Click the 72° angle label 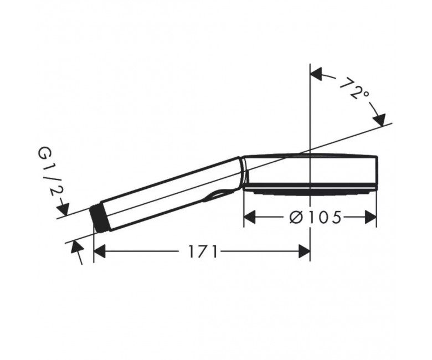[x=354, y=89]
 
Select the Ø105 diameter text [x=316, y=217]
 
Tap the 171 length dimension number [x=203, y=251]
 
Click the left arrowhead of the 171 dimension [x=100, y=251]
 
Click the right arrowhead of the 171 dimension [x=305, y=251]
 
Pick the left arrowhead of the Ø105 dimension [x=250, y=217]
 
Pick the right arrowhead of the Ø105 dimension [x=371, y=217]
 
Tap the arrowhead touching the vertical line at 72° [x=316, y=74]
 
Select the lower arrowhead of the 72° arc [x=379, y=120]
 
